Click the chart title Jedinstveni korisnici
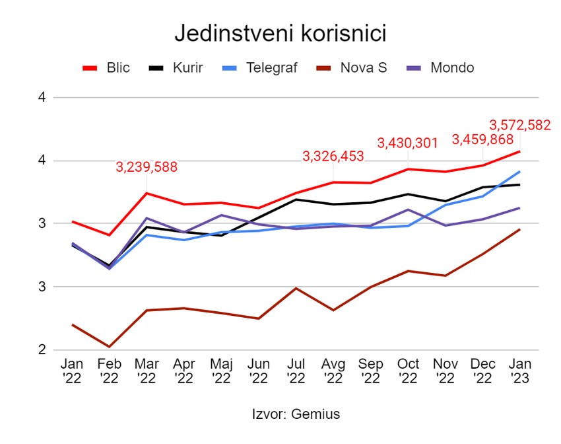tap(280, 34)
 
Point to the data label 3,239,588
tap(147, 167)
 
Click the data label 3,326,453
tap(333, 157)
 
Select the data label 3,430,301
tap(407, 143)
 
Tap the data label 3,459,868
tap(482, 139)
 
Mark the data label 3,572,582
tap(519, 125)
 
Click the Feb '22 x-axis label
tap(109, 371)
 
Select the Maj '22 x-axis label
tap(221, 371)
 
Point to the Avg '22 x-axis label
tap(333, 371)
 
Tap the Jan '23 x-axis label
tap(519, 371)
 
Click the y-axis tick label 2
tap(42, 350)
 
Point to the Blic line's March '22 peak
tap(146, 193)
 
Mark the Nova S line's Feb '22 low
tap(109, 347)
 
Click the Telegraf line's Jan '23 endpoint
tap(519, 172)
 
